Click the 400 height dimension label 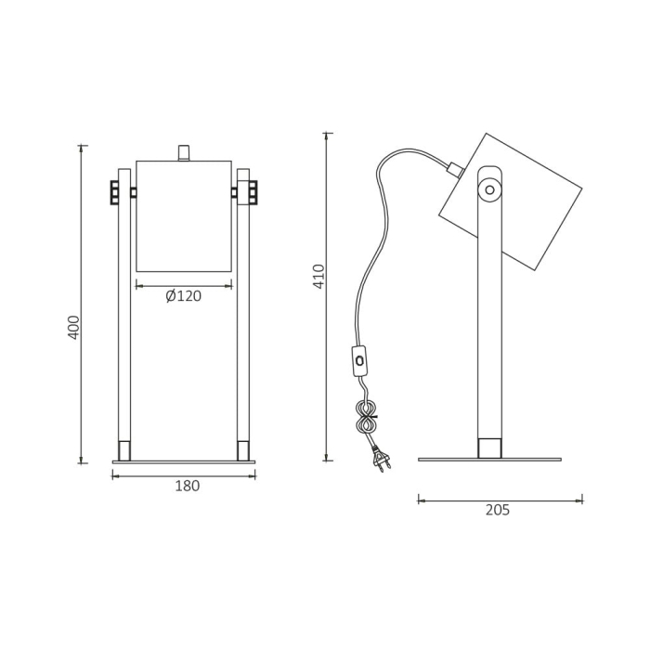[x=74, y=327]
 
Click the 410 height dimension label [x=319, y=277]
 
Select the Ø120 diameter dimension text [x=183, y=296]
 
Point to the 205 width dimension [x=497, y=510]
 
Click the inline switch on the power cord [x=358, y=359]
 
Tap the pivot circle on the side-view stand [x=488, y=191]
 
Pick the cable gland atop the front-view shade [x=183, y=152]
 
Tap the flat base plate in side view [x=489, y=459]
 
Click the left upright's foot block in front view [x=124, y=450]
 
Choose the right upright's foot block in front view [x=243, y=450]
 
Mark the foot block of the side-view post [x=489, y=448]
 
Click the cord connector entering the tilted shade [x=455, y=169]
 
